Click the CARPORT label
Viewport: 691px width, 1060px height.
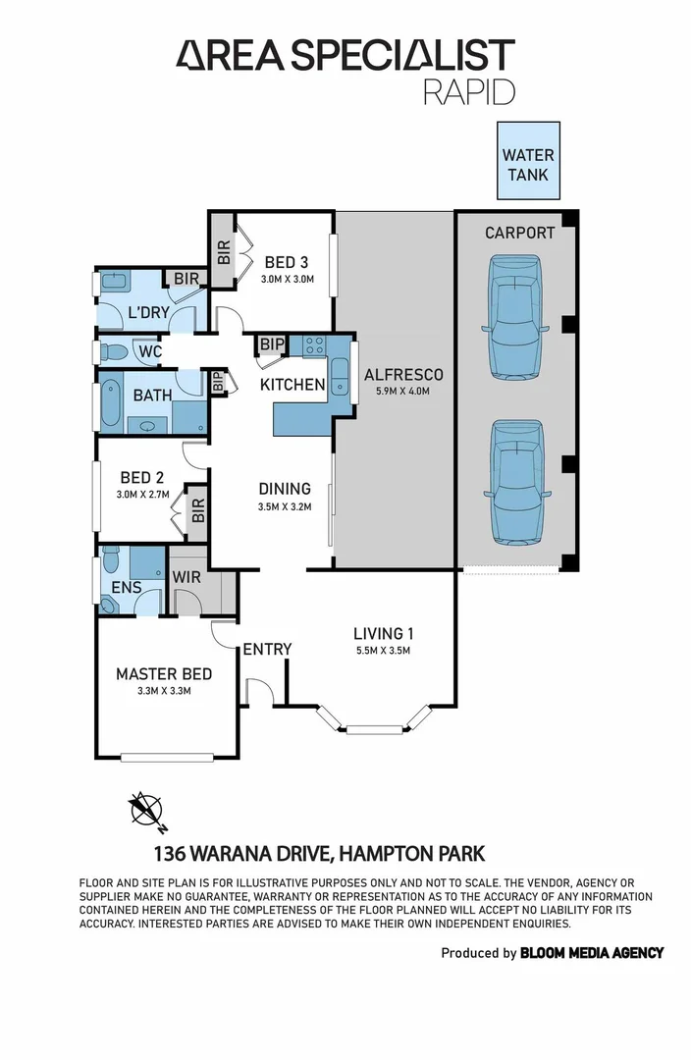click(519, 234)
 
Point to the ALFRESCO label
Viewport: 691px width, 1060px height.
click(403, 374)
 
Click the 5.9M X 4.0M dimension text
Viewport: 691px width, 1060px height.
click(403, 391)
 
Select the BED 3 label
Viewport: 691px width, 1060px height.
click(287, 262)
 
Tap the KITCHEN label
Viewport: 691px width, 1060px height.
click(292, 385)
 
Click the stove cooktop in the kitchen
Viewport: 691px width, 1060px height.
click(314, 345)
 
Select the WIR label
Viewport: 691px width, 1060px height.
click(186, 577)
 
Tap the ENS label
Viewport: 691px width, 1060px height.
click(126, 588)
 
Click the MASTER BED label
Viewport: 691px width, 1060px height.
click(164, 674)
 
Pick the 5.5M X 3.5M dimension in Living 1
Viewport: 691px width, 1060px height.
click(383, 650)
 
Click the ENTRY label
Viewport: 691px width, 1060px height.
click(267, 649)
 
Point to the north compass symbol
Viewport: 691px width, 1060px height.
click(147, 810)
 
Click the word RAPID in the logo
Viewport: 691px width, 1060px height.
click(468, 91)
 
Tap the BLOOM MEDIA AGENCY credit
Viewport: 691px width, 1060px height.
click(592, 952)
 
